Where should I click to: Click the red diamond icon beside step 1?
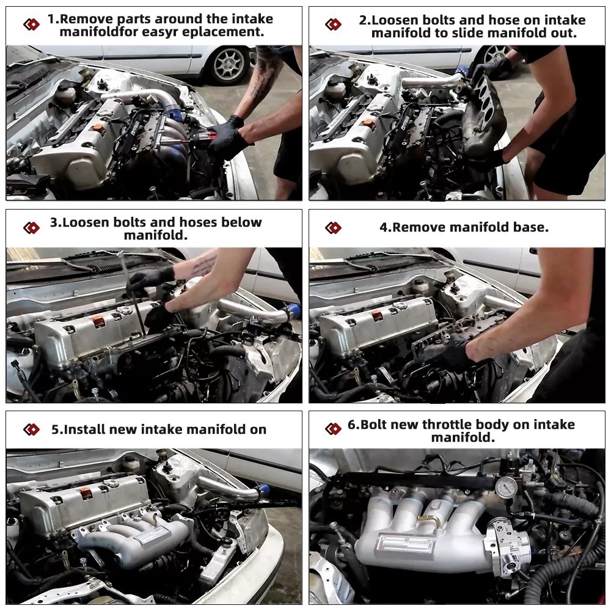[x=32, y=24]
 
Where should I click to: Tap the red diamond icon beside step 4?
[x=333, y=227]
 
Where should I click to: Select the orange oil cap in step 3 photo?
[x=98, y=321]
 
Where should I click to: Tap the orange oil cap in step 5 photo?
[x=86, y=493]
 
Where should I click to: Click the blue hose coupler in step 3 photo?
[x=292, y=312]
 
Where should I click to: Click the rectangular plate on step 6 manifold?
[x=405, y=545]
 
